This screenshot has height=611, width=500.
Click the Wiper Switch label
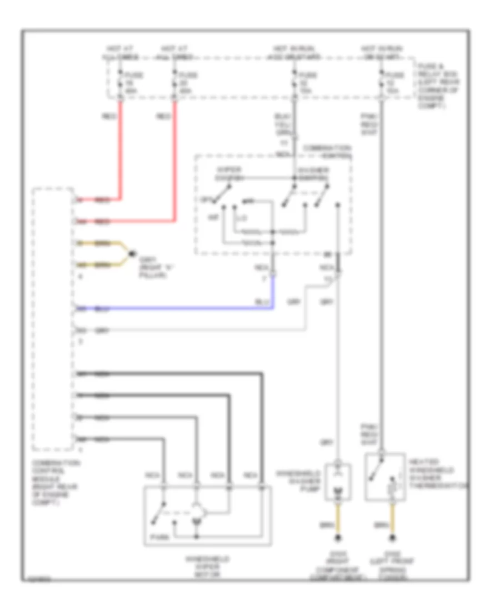[x=228, y=174]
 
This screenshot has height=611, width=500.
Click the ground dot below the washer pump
[x=338, y=538]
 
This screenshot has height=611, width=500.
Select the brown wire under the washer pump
[x=338, y=517]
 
